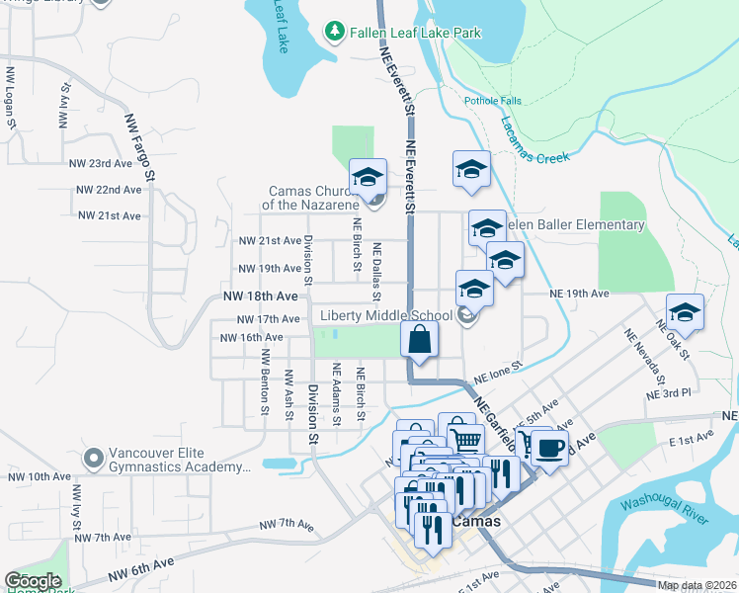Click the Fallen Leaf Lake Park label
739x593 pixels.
click(415, 33)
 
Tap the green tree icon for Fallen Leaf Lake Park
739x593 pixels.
click(336, 33)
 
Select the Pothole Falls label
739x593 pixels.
click(491, 101)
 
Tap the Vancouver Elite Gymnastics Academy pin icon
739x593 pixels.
click(94, 458)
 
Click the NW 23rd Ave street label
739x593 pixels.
click(100, 163)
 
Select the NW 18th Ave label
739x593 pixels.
click(260, 296)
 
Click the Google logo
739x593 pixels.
click(33, 581)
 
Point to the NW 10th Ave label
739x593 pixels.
click(41, 476)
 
